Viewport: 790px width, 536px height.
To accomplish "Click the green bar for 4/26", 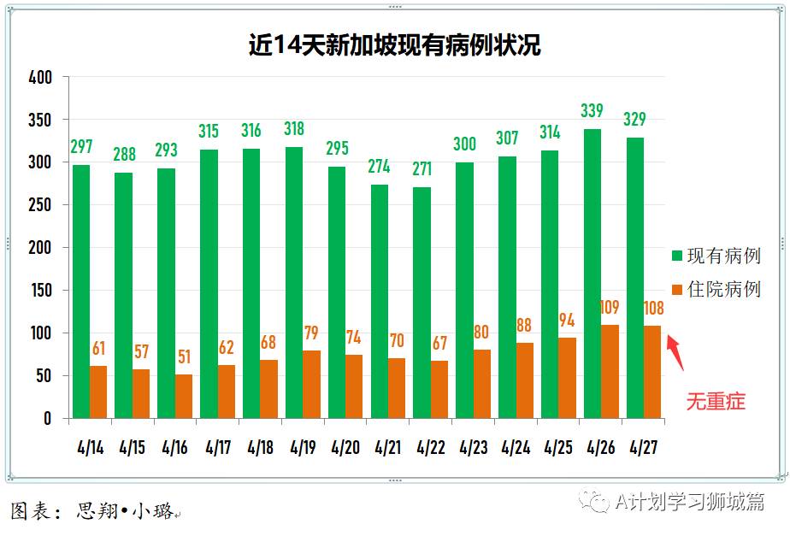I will pos(592,274).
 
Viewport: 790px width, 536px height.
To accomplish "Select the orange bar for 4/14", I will pos(98,392).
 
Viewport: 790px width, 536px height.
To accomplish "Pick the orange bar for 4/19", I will pos(311,384).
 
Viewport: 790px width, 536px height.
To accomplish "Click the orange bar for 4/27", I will pos(652,372).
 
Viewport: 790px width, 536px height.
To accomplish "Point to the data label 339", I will pos(592,110).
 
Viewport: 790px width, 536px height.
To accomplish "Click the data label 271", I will pos(422,168).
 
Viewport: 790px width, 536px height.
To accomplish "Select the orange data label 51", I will pos(183,356).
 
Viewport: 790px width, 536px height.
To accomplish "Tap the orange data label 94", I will pos(567,320).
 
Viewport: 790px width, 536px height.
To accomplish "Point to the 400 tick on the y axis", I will pos(40,78).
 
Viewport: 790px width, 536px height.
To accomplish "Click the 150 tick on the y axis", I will pos(40,291).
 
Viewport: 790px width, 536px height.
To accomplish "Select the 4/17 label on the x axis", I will pos(217,447).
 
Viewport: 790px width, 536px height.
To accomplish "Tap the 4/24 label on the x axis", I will pos(516,447).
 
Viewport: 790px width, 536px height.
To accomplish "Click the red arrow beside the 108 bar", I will pos(675,351).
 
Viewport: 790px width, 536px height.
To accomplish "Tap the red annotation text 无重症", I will pos(716,400).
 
